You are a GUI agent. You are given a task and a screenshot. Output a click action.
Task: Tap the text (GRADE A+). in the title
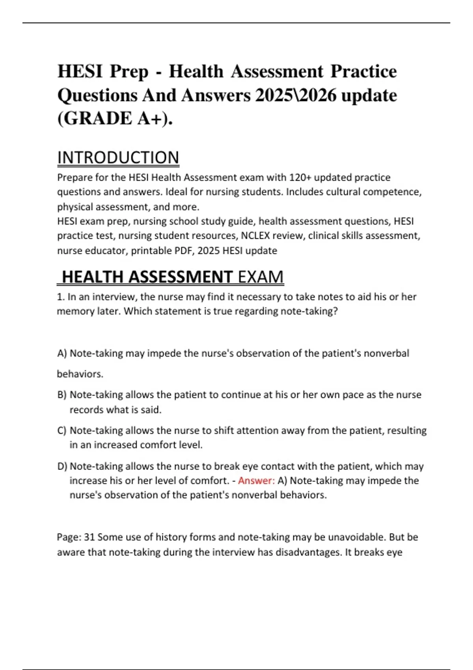point(115,118)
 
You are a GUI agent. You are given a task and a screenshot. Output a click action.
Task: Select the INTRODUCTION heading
point(118,158)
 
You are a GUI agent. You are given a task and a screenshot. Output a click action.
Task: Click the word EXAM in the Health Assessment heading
point(261,277)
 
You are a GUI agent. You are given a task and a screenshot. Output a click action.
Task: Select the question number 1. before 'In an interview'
point(61,297)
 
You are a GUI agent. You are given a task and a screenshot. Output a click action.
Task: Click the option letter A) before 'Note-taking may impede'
point(62,353)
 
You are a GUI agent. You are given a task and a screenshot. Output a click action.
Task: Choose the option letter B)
point(62,395)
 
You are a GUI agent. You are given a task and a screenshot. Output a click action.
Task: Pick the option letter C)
point(62,430)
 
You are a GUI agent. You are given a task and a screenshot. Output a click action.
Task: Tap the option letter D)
point(62,466)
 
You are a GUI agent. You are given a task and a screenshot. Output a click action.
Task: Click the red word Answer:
point(256,481)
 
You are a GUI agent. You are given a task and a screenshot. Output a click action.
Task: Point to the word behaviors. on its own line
point(80,374)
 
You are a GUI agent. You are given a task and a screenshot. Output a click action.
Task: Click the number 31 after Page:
point(89,537)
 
